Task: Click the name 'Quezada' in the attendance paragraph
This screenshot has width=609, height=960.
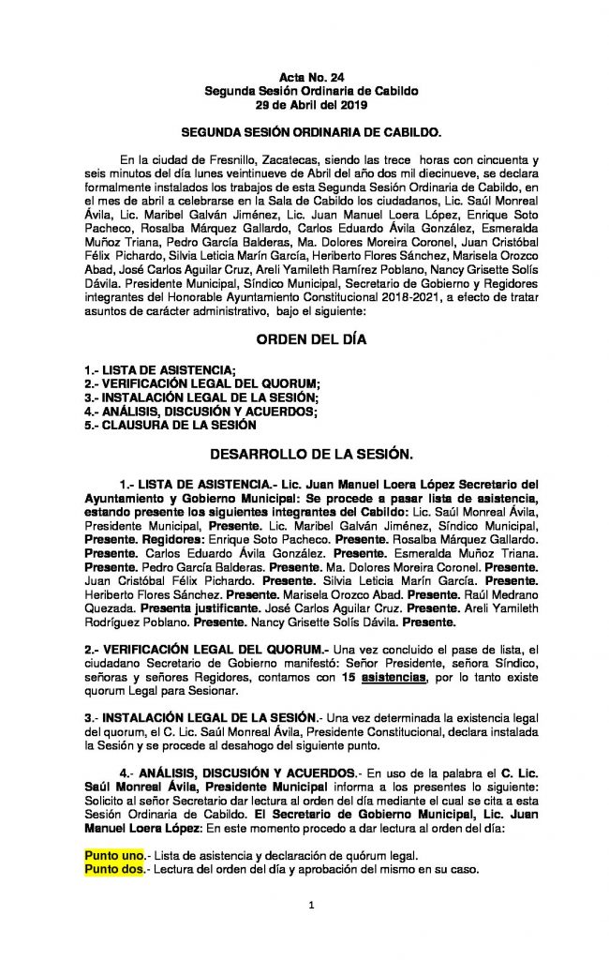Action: click(111, 607)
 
